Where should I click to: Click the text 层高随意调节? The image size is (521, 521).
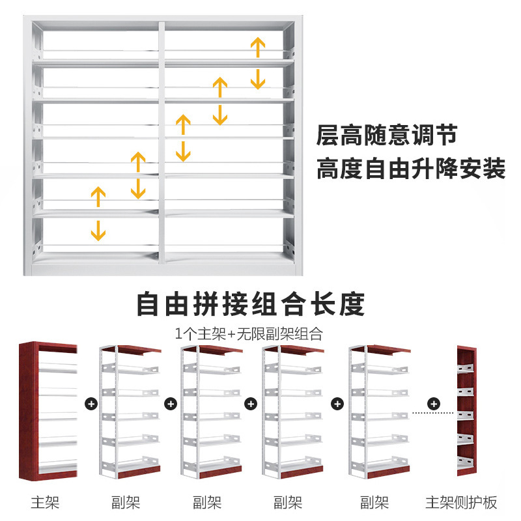click(x=386, y=136)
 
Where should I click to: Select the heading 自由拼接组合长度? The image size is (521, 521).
click(x=250, y=303)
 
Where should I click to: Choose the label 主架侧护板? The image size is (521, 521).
click(x=461, y=503)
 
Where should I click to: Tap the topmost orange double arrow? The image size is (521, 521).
click(x=258, y=63)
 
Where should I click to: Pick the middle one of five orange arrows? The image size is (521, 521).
click(x=184, y=138)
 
